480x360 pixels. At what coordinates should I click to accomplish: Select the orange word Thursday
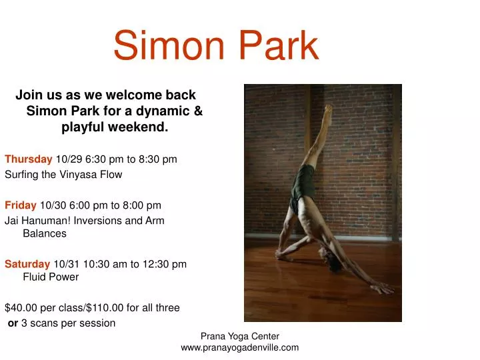pyautogui.click(x=29, y=159)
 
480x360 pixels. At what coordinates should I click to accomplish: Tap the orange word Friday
pyautogui.click(x=21, y=205)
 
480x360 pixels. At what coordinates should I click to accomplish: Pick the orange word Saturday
pyautogui.click(x=27, y=264)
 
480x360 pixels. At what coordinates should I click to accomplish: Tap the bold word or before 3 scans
pyautogui.click(x=13, y=323)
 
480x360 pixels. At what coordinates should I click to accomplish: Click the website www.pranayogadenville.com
pyautogui.click(x=239, y=347)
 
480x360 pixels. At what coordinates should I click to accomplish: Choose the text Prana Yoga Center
pyautogui.click(x=239, y=337)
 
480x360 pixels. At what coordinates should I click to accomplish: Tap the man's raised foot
pyautogui.click(x=327, y=108)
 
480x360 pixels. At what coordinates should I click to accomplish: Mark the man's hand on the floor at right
pyautogui.click(x=383, y=288)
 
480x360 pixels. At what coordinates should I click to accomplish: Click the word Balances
pyautogui.click(x=45, y=234)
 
